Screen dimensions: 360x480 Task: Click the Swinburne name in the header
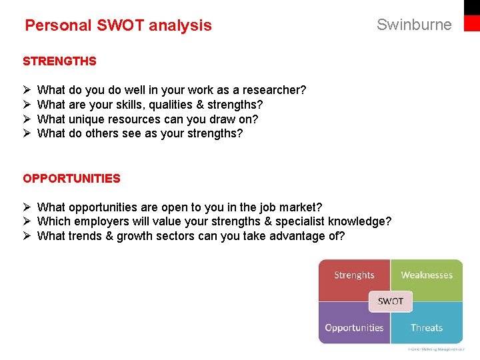(414, 25)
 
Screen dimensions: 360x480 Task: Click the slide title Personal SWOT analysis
(118, 25)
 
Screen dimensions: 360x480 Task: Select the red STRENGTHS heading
(59, 61)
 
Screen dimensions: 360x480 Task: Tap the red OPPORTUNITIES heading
(71, 179)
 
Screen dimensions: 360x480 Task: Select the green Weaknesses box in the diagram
(427, 275)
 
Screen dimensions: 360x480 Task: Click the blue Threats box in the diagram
(427, 327)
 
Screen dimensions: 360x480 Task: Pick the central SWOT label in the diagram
(391, 301)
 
